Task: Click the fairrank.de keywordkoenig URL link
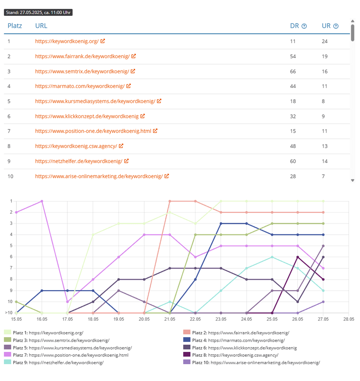82,56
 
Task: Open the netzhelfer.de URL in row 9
79,161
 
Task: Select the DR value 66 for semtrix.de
293,71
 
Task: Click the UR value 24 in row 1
325,41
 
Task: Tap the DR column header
294,26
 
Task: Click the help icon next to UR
336,26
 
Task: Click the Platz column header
15,26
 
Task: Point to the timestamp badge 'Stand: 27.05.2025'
38,13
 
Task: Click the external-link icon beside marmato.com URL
128,86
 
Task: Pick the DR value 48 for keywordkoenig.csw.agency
293,146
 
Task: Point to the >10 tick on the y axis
8,313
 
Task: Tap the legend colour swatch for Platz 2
186,333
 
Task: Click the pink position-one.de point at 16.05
42,201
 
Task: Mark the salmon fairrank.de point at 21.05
170,201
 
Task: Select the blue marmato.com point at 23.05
221,224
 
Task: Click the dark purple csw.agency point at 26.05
297,257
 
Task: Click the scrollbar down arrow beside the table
352,180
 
